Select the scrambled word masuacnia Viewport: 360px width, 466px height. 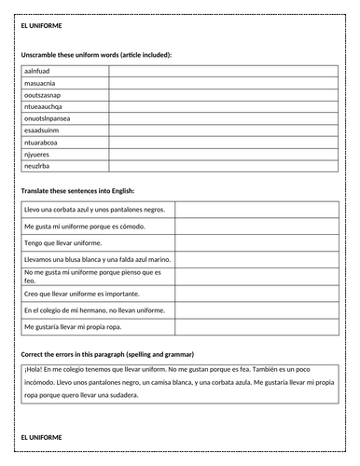(x=40, y=82)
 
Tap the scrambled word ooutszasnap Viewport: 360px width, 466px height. (x=44, y=94)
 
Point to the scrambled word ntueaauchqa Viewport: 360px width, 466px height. (x=43, y=106)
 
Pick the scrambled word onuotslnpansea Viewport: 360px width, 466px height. (x=47, y=118)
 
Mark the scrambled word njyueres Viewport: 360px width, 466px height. (x=37, y=155)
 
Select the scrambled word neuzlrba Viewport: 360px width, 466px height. (x=37, y=166)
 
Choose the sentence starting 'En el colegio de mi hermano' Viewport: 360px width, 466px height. (x=94, y=310)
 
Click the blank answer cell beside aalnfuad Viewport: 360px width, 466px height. (x=224, y=70)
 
